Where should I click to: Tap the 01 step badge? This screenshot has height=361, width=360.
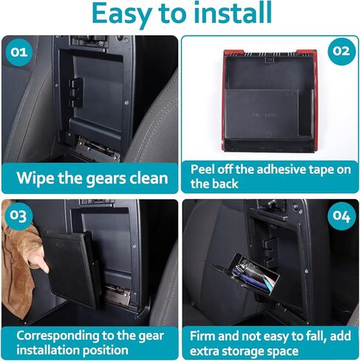[18, 52]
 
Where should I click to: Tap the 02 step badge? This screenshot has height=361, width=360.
[342, 51]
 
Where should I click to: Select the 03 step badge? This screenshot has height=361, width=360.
[18, 216]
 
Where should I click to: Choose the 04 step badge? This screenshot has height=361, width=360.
[342, 216]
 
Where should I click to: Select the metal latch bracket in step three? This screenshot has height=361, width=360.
[118, 294]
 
